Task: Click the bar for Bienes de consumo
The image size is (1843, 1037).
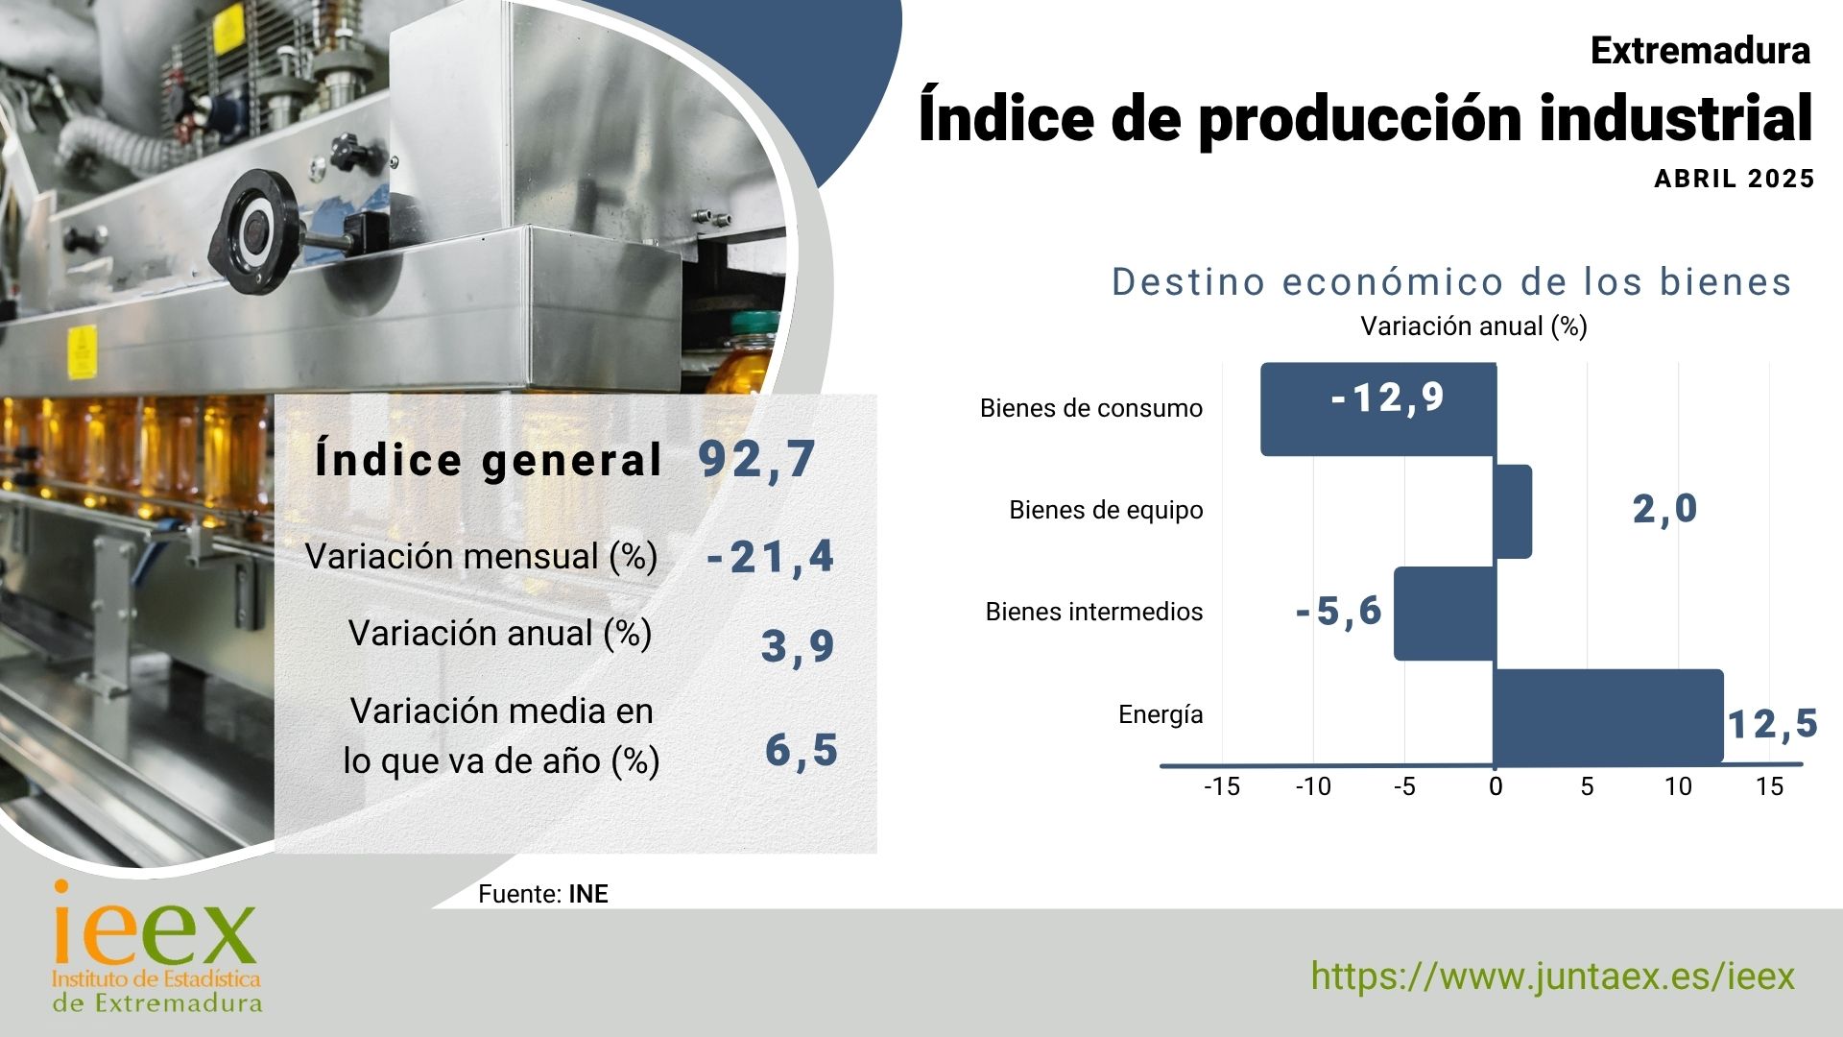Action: (1378, 409)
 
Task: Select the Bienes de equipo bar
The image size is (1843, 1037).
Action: (1513, 512)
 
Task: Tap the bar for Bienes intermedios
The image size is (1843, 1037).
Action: (1445, 614)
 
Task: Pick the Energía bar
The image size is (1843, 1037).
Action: (1609, 716)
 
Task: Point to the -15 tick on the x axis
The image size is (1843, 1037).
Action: (1222, 787)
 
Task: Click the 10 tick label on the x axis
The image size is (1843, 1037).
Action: (1678, 787)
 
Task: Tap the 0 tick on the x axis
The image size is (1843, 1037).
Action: (1496, 787)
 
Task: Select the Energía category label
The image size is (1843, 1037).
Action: (1161, 714)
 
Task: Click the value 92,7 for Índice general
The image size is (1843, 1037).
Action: (757, 460)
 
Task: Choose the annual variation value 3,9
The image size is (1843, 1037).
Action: (798, 646)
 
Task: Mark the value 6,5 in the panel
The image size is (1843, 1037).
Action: (802, 750)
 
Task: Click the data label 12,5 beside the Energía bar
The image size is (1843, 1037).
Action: (1773, 724)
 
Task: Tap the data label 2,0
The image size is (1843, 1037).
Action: (1665, 509)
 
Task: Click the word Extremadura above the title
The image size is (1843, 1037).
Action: (1700, 51)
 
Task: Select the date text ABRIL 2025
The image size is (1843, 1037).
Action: (1735, 179)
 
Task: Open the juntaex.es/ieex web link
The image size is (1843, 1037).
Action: (1552, 977)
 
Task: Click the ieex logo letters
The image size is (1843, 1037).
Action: (156, 924)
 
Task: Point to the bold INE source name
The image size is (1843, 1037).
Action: (588, 894)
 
